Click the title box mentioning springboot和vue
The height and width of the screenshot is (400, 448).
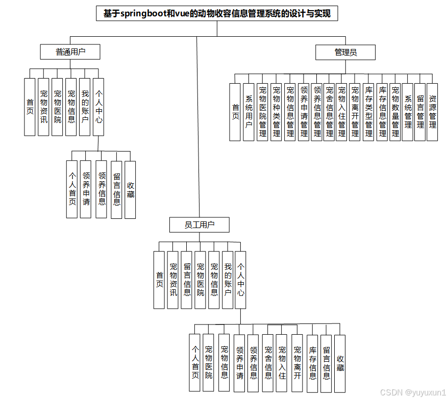(x=217, y=13)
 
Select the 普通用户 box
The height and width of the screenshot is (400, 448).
(x=70, y=52)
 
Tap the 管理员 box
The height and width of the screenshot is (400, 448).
(x=345, y=52)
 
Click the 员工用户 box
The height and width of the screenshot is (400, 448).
(x=199, y=224)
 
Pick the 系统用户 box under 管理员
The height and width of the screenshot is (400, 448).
(x=249, y=112)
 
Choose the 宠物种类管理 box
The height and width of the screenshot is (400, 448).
(x=277, y=112)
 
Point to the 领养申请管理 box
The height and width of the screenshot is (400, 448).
(x=304, y=112)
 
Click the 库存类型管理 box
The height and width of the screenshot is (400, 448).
(x=369, y=112)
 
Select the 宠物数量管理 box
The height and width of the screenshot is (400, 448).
(x=395, y=112)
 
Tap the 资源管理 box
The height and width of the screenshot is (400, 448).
(x=432, y=112)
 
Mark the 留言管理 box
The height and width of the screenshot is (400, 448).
(x=420, y=112)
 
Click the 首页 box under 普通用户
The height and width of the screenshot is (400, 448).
(x=30, y=107)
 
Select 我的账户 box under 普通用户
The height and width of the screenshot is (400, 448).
(x=85, y=107)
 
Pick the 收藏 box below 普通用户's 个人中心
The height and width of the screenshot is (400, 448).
(x=130, y=190)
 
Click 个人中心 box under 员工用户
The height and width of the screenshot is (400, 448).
(x=240, y=280)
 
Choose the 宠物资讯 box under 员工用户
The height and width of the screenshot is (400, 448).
(x=173, y=280)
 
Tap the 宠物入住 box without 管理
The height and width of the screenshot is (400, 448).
(x=282, y=363)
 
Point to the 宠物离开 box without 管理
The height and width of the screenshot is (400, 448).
(x=297, y=363)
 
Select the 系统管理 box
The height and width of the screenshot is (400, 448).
(x=408, y=112)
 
